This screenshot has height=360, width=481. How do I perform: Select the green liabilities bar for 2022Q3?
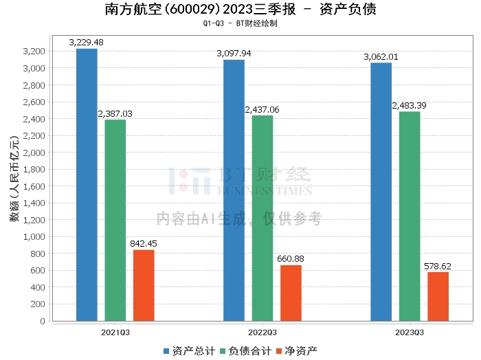click(262, 218)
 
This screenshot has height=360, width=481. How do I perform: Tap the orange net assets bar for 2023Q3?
click(438, 296)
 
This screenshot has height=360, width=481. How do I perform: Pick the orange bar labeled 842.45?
click(144, 285)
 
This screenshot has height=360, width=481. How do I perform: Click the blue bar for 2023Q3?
click(381, 192)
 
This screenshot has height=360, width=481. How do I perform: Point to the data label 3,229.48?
click(87, 43)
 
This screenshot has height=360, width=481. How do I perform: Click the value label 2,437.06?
click(262, 110)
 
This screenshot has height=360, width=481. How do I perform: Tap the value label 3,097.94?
click(234, 54)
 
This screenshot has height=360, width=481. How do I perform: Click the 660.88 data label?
click(291, 259)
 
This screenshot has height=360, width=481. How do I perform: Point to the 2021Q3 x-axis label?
click(115, 332)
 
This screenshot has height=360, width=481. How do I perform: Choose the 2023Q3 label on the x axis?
click(410, 332)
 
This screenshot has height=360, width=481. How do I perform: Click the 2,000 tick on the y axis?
click(34, 153)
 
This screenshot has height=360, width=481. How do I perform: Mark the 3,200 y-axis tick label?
click(34, 52)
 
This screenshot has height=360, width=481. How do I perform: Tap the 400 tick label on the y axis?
click(38, 287)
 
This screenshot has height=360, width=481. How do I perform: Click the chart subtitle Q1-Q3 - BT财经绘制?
click(240, 23)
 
